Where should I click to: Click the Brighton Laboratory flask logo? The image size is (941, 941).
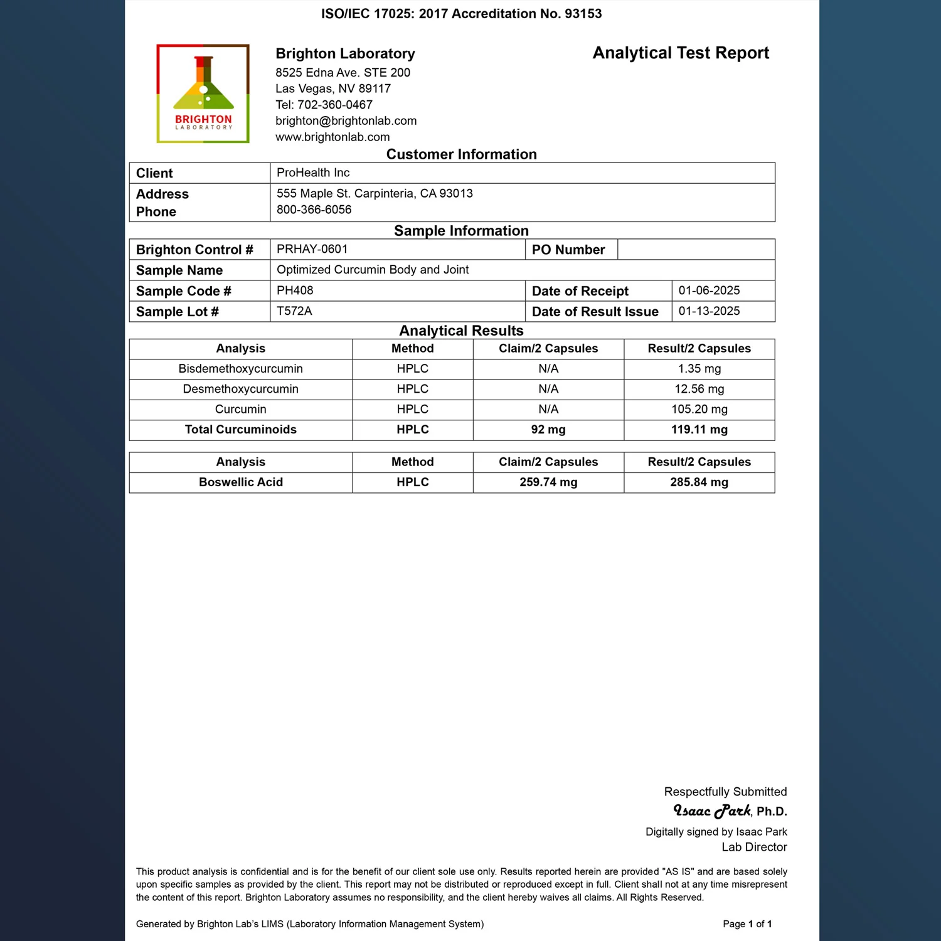pyautogui.click(x=203, y=93)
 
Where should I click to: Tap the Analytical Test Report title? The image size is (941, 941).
pyautogui.click(x=681, y=53)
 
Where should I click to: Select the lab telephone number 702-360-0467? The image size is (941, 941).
pyautogui.click(x=335, y=105)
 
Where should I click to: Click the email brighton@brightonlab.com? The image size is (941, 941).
pyautogui.click(x=346, y=121)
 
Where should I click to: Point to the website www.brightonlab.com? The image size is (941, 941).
pyautogui.click(x=332, y=137)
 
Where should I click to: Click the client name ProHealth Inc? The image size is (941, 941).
pyautogui.click(x=313, y=173)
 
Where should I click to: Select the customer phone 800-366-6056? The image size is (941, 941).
pyautogui.click(x=314, y=210)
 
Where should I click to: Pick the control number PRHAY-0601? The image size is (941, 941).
pyautogui.click(x=312, y=249)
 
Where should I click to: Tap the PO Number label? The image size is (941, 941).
pyautogui.click(x=568, y=250)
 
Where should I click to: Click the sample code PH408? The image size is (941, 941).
pyautogui.click(x=295, y=290)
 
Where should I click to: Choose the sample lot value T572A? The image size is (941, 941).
pyautogui.click(x=294, y=311)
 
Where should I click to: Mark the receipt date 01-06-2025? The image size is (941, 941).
pyautogui.click(x=709, y=290)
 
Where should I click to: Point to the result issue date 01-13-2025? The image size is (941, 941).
pyautogui.click(x=709, y=311)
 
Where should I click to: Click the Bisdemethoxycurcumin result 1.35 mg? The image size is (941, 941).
pyautogui.click(x=699, y=369)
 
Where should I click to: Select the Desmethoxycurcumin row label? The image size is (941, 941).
pyautogui.click(x=240, y=389)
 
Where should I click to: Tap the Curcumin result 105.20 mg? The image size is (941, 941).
pyautogui.click(x=699, y=409)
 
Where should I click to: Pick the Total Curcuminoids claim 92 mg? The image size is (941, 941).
pyautogui.click(x=548, y=430)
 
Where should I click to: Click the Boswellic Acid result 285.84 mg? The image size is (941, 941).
pyautogui.click(x=699, y=482)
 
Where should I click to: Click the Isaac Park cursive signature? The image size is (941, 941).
pyautogui.click(x=712, y=811)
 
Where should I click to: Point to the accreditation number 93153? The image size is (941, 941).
pyautogui.click(x=583, y=14)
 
